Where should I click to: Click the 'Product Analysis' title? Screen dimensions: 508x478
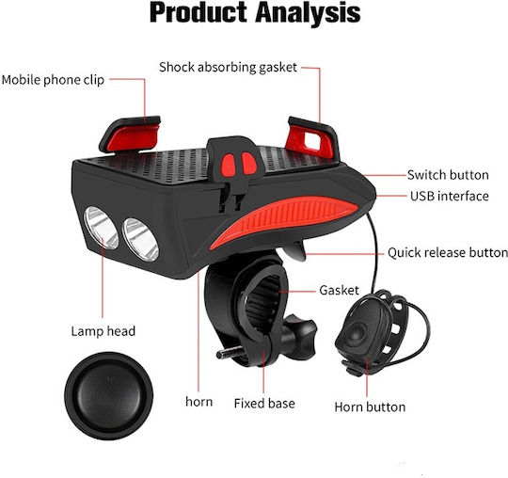255,13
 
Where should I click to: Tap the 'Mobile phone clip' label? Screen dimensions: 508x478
53,80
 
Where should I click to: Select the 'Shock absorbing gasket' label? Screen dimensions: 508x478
228,67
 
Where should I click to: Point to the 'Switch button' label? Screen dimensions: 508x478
448,175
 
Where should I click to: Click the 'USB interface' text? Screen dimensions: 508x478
450,196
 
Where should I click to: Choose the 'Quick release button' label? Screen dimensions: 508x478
448,252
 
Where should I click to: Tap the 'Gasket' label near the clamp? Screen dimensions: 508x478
339,290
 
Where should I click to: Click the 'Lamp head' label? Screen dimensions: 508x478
103,331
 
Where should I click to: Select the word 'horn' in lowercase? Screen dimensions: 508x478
198,402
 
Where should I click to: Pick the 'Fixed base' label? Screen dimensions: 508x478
264,404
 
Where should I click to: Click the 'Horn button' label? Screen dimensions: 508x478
370,406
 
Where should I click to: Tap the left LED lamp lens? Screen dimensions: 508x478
101,228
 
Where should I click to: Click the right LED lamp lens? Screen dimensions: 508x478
140,239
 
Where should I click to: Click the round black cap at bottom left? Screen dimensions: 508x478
108,396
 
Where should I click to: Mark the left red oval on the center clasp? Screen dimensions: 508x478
229,165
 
